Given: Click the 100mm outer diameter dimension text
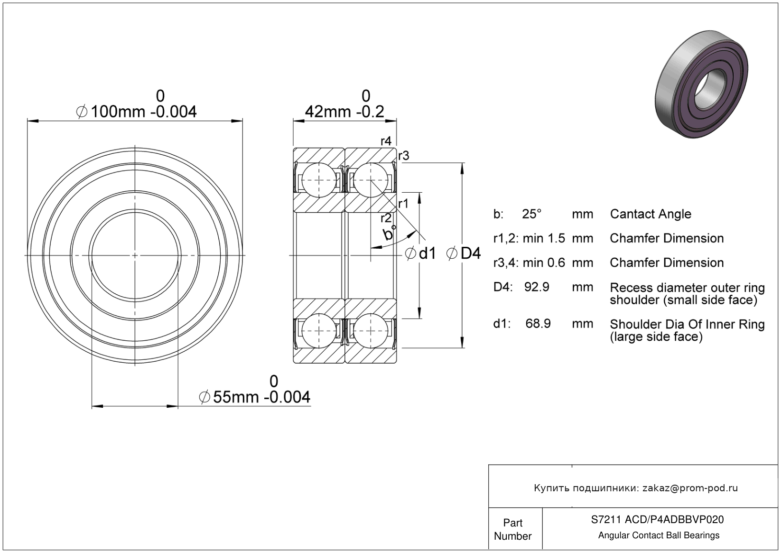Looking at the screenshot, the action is [x=136, y=104].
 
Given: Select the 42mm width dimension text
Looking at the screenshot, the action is [x=344, y=104].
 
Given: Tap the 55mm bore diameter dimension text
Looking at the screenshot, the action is [x=254, y=390].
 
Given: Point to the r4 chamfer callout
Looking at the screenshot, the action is [x=386, y=141].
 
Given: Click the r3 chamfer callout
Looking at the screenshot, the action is [x=403, y=156].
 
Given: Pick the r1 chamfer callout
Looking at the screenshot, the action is [x=403, y=204].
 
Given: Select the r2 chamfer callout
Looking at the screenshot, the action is [x=386, y=218].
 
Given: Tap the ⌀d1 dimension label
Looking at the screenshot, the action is [x=420, y=253].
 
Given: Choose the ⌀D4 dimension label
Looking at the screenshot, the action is [x=464, y=253].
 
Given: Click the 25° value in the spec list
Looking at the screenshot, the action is [x=532, y=214].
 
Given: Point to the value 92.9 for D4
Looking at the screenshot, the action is [x=537, y=287].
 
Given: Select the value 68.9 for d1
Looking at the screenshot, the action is [x=538, y=323].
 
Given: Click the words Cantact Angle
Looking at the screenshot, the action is [x=651, y=214].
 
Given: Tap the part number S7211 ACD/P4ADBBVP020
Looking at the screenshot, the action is [x=658, y=519].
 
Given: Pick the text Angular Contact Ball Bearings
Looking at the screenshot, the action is [x=659, y=535].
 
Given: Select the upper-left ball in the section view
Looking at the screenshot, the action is [x=319, y=180].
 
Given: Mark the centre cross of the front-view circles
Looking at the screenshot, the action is [x=135, y=256].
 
